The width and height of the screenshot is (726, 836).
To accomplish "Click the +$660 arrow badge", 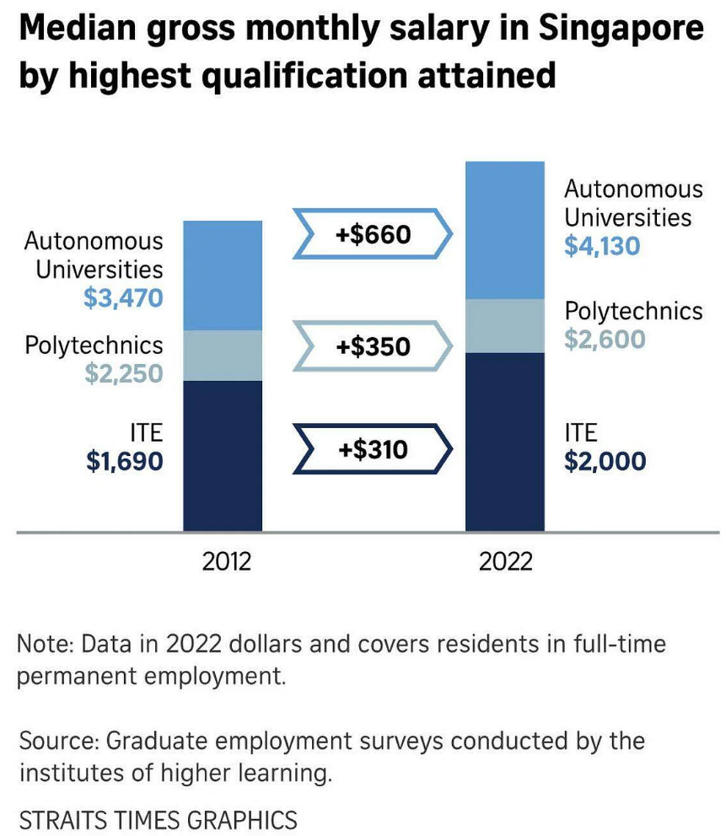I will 373,233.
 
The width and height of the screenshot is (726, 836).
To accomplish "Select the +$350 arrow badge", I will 373,346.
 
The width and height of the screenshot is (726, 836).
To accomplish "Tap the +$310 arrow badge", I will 373,450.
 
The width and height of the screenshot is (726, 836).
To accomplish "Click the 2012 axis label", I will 226,561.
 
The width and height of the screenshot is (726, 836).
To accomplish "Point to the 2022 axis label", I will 506,561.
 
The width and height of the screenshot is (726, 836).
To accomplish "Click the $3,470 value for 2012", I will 123,297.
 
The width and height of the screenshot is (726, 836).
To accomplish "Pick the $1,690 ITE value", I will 124,461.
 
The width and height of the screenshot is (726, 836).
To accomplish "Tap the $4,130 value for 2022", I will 602,246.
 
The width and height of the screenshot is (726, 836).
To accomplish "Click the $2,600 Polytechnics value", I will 605,339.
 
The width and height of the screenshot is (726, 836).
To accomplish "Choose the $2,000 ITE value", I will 605,461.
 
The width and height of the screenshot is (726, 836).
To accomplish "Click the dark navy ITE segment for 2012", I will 223,456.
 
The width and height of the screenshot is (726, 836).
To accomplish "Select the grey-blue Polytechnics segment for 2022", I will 505,325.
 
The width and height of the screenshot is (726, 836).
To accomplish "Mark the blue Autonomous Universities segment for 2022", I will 505,229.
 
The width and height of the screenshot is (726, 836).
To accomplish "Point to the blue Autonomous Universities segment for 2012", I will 223,275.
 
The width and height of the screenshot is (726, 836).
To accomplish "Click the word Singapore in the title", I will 620,30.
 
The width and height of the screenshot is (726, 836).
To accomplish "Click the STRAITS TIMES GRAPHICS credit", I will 158,819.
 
